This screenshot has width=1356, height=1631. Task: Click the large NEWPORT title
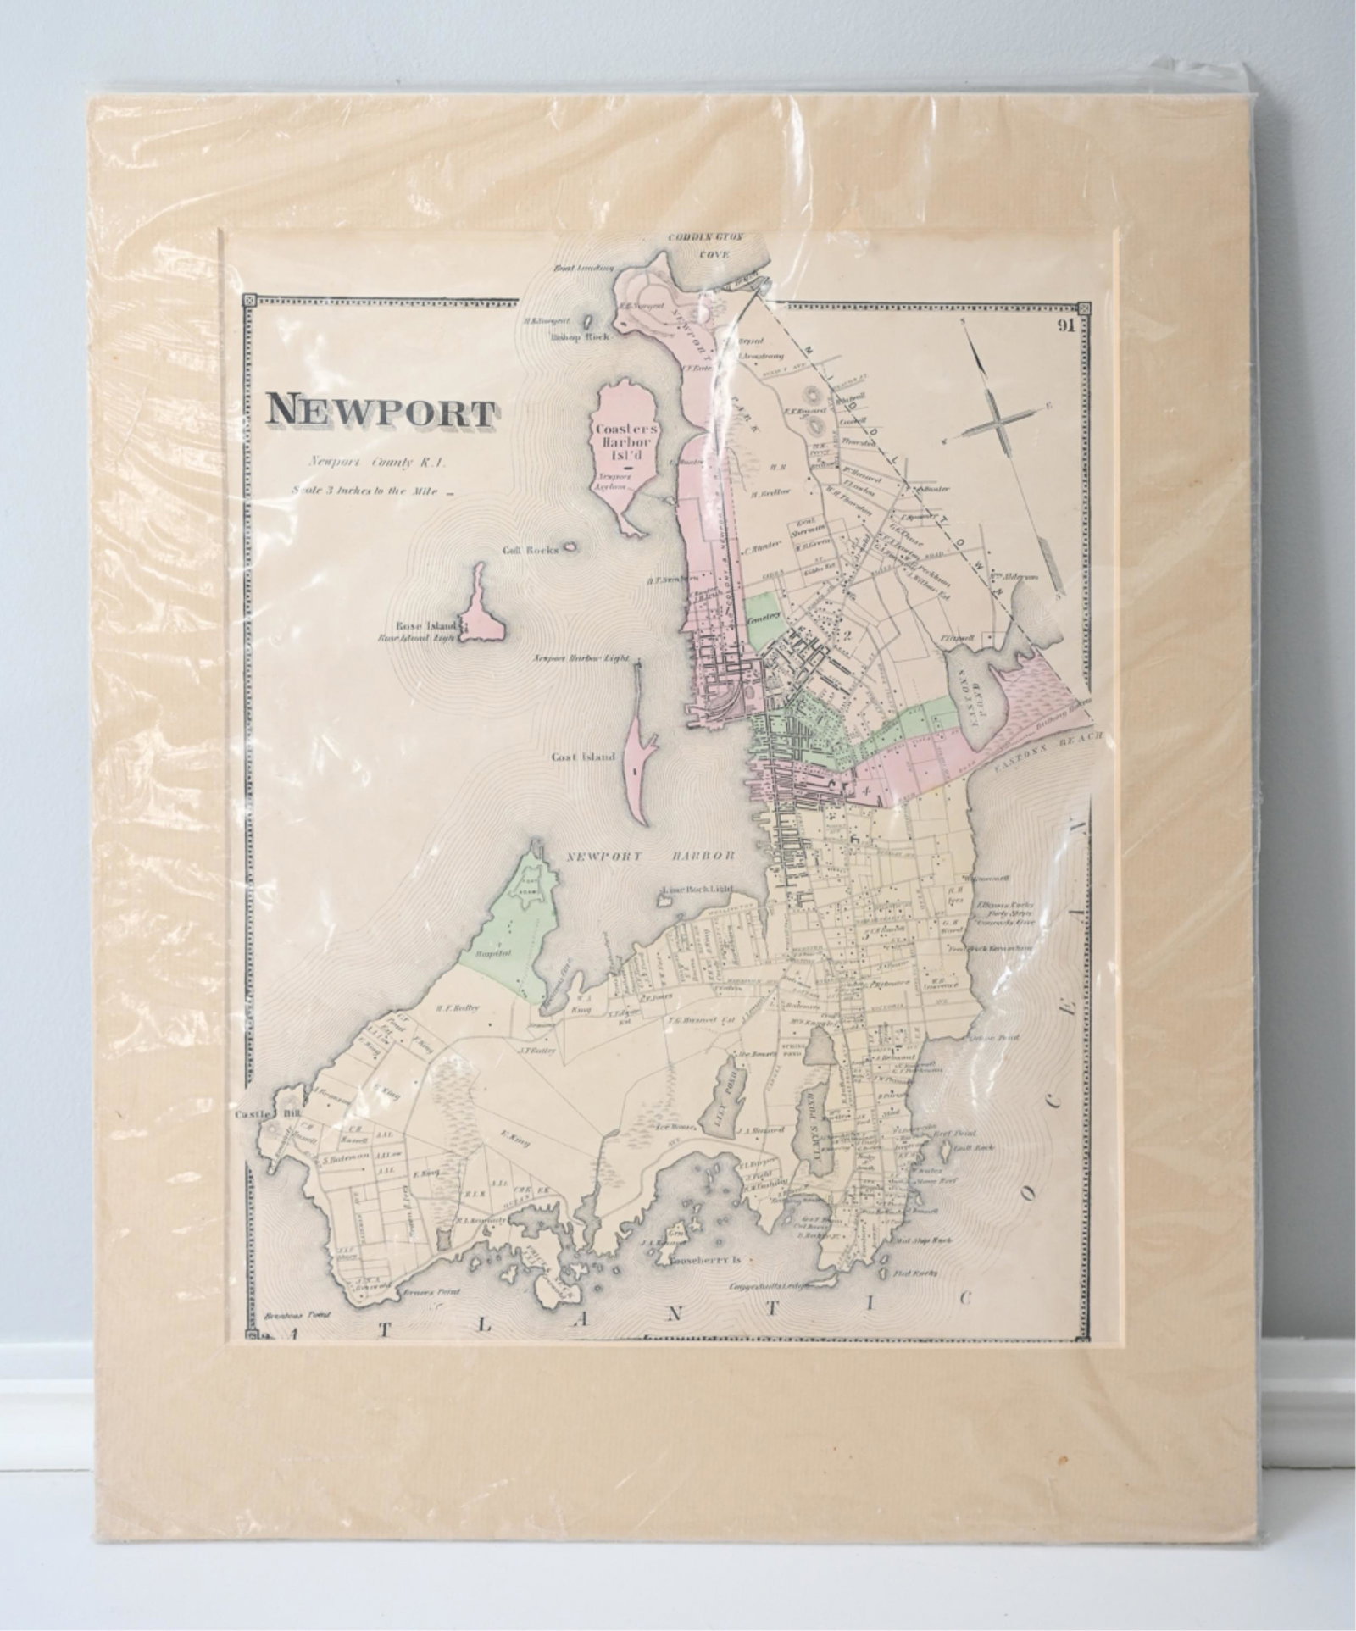[x=381, y=412]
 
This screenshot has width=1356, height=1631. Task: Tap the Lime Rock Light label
[x=695, y=890]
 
